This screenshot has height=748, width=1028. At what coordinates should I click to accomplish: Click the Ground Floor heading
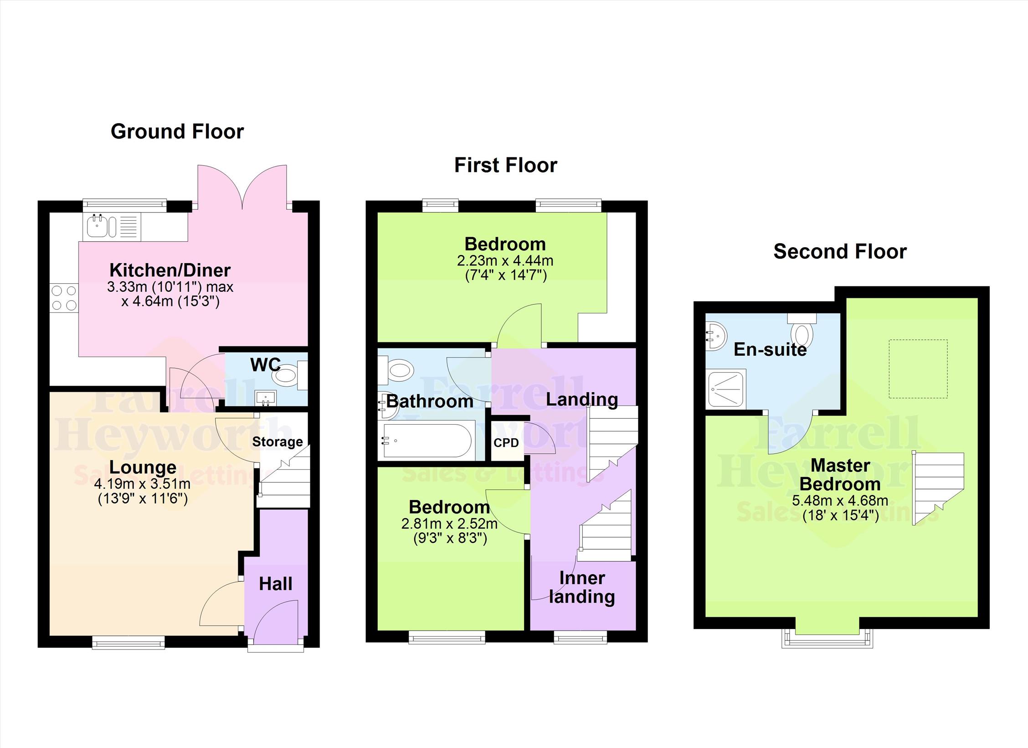click(x=177, y=132)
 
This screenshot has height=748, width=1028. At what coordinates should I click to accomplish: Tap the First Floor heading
click(x=505, y=165)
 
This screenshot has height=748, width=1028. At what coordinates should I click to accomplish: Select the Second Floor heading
click(x=840, y=252)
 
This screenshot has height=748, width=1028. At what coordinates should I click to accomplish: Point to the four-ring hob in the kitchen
click(x=64, y=298)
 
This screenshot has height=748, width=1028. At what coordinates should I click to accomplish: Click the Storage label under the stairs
click(x=278, y=442)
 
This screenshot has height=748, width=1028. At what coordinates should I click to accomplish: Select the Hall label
click(x=276, y=584)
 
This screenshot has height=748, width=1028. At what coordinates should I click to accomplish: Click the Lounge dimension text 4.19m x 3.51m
click(x=142, y=483)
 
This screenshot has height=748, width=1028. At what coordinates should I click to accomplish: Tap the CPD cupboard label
click(x=506, y=443)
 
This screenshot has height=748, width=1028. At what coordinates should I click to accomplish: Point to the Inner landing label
click(x=582, y=587)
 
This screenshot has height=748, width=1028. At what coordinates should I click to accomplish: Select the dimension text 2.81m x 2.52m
click(x=449, y=524)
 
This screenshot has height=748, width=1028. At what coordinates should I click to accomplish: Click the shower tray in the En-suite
click(x=726, y=389)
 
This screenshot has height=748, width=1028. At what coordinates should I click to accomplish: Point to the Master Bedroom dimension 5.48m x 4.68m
click(x=840, y=501)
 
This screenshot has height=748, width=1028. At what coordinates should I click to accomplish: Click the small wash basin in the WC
click(x=266, y=398)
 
